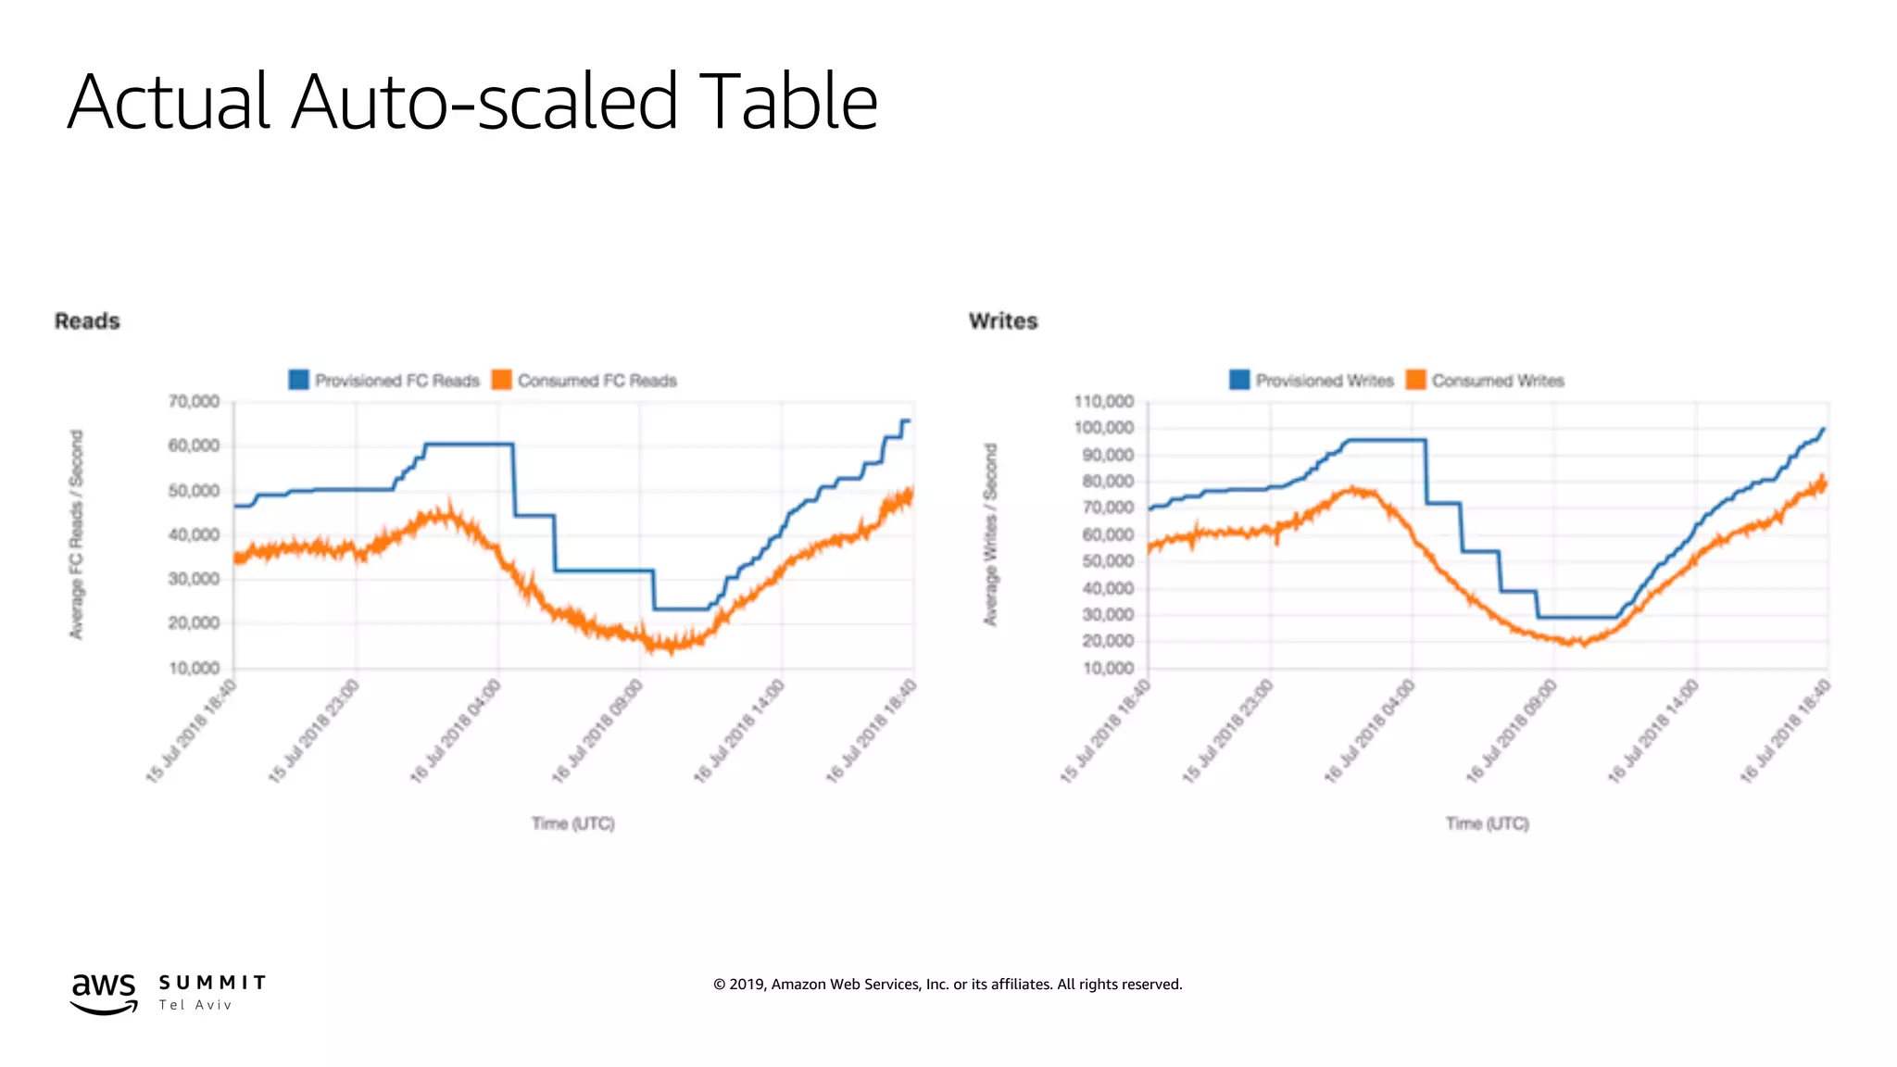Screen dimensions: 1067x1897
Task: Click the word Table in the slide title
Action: [x=787, y=102]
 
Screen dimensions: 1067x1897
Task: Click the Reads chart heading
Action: [x=87, y=321]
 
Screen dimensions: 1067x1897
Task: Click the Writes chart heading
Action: [x=1003, y=321]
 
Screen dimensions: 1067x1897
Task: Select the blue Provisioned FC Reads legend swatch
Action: [x=298, y=380]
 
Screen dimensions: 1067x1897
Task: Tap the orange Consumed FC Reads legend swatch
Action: [x=501, y=380]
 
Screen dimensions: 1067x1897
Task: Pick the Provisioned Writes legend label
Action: [x=1324, y=381]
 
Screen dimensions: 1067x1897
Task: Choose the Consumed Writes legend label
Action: [x=1497, y=381]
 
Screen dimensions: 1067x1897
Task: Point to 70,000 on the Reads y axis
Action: [x=194, y=401]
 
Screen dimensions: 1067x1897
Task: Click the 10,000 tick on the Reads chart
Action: [x=194, y=668]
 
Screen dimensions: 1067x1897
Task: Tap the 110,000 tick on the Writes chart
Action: [x=1103, y=401]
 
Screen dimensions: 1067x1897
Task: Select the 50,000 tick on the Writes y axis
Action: [x=1108, y=561]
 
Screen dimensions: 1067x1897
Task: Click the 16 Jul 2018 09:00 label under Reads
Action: [x=598, y=732]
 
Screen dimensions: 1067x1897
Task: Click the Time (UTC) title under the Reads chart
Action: [x=572, y=823]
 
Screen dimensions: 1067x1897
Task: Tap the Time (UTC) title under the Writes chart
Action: [x=1487, y=823]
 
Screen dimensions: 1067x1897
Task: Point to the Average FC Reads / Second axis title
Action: [x=77, y=534]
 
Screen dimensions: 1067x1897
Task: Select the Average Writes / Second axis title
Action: [x=990, y=534]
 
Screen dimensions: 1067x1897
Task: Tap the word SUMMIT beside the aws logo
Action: [x=212, y=983]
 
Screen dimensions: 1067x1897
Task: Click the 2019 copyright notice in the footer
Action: [x=947, y=985]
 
